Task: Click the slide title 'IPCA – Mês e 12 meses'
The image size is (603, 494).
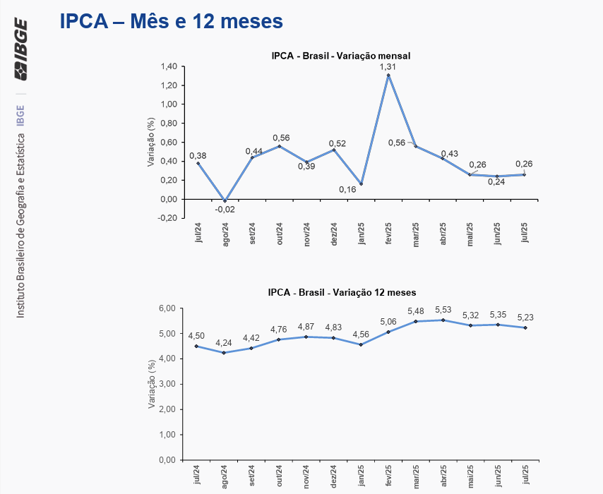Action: click(172, 22)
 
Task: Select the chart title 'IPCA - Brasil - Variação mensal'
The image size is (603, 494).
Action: click(341, 56)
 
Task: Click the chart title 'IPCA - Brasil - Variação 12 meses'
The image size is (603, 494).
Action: click(342, 292)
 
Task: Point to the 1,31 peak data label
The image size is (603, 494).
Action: click(388, 66)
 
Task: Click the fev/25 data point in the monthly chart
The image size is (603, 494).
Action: click(388, 75)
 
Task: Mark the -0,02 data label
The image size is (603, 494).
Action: click(225, 210)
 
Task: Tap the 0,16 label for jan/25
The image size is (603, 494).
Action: click(347, 190)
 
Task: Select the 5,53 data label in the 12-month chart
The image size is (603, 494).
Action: click(443, 310)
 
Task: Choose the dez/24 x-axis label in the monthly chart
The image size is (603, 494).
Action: click(334, 234)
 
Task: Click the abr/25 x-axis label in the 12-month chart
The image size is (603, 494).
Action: click(443, 476)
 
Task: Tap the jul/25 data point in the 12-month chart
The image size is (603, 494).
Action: click(525, 327)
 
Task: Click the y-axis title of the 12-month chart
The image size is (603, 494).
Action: click(151, 385)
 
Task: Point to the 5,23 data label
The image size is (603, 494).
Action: click(525, 317)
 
